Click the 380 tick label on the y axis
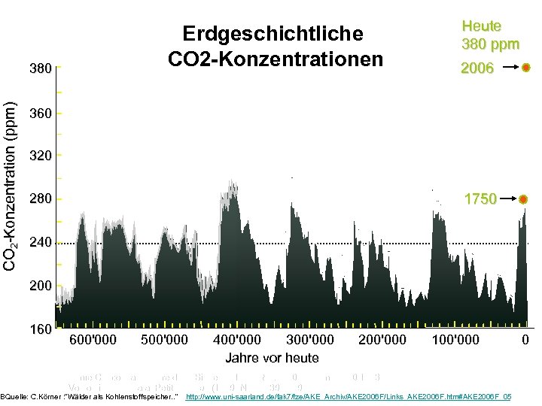(x=40, y=68)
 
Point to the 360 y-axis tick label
(x=40, y=114)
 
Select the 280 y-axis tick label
(x=40, y=199)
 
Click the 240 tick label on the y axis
(x=40, y=243)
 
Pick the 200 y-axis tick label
(x=40, y=286)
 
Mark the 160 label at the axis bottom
(x=40, y=329)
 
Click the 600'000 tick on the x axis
(x=93, y=340)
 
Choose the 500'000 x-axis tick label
(x=164, y=340)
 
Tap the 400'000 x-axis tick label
(x=238, y=340)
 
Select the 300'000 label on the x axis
(x=310, y=340)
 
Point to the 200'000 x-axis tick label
(x=382, y=340)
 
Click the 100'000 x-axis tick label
(x=455, y=340)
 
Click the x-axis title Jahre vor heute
(x=272, y=358)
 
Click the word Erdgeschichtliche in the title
(x=273, y=34)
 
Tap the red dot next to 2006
(x=525, y=68)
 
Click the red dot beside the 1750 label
(x=524, y=199)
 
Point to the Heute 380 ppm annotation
(x=490, y=35)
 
